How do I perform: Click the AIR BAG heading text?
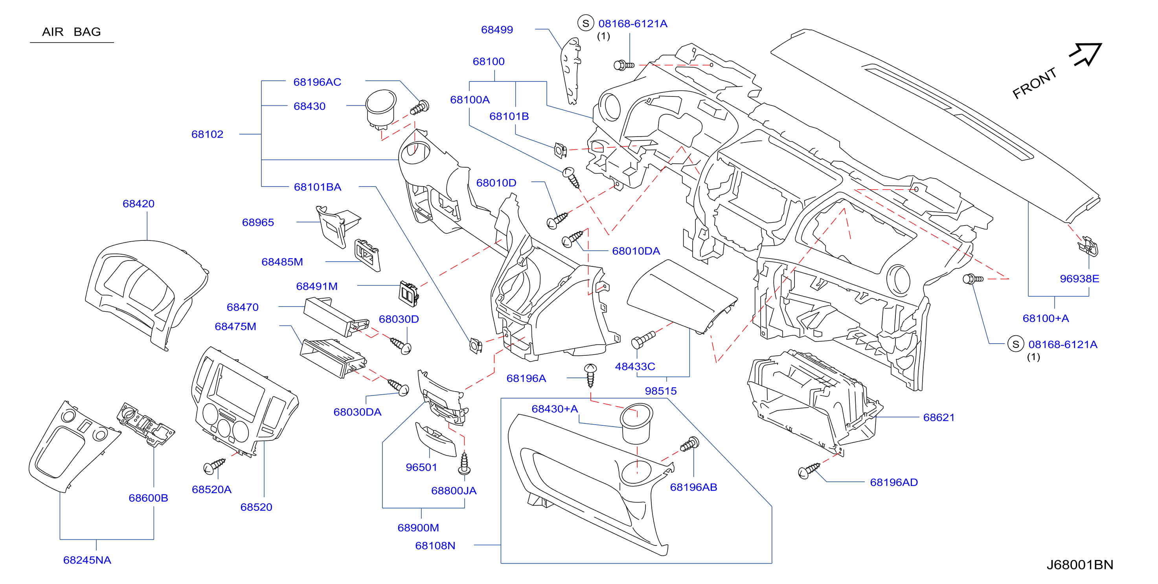click(72, 32)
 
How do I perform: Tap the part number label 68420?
click(138, 204)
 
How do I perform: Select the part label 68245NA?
click(87, 560)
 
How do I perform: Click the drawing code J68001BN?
click(1080, 565)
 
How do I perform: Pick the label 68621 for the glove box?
click(939, 418)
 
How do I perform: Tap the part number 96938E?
click(1079, 279)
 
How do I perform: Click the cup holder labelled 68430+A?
click(636, 424)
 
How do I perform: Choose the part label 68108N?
click(435, 546)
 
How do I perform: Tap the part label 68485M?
click(282, 262)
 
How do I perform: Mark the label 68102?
click(207, 135)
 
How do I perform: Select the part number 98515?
click(661, 391)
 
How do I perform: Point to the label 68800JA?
click(454, 491)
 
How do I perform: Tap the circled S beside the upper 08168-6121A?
click(586, 23)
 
